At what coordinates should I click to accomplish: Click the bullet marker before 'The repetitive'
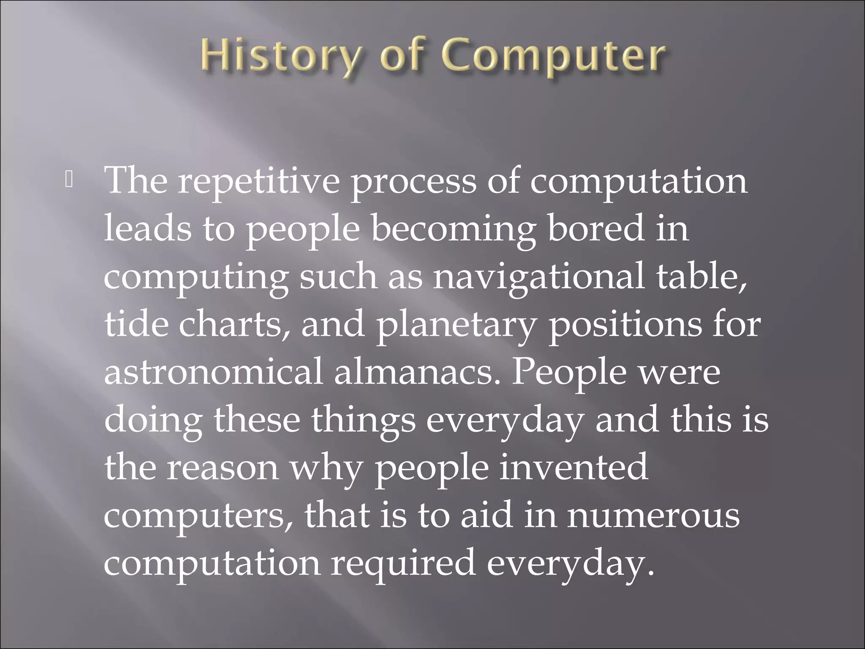pos(69,181)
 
